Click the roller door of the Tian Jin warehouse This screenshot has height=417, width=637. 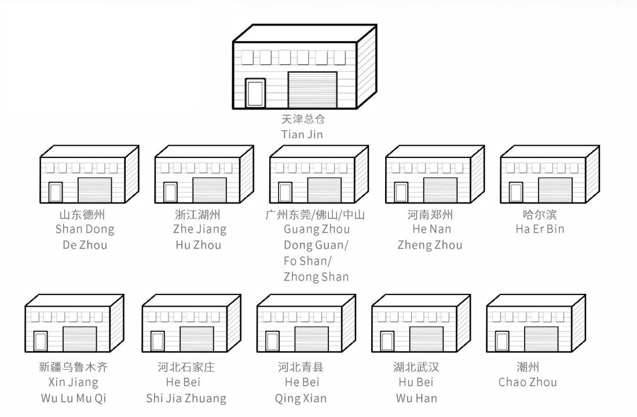pos(312,90)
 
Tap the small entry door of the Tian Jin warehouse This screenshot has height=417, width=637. pos(255,93)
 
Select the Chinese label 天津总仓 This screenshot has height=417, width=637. pos(303,119)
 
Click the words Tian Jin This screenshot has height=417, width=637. pos(302,134)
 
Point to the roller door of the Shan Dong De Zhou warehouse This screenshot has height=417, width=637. pos(94,190)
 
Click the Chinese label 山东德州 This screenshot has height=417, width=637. pos(82,215)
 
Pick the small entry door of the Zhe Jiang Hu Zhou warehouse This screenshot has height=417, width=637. pos(170,192)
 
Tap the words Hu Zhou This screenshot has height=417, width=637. pos(199,245)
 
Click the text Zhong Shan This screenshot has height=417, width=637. pos(316,277)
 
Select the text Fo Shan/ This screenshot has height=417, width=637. pos(307,261)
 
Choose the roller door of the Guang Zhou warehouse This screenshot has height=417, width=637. pos(325,190)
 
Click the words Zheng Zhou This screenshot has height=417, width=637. pos(430,245)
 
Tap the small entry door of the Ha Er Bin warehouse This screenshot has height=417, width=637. pos(516,192)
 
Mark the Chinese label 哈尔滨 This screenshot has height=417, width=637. pos(540,215)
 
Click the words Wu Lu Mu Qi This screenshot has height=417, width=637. pos(74,398)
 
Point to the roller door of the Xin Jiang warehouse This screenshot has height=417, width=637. pos(80,339)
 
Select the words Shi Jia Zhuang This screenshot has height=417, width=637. pos(186,398)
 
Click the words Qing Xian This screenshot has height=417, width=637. pos(301,398)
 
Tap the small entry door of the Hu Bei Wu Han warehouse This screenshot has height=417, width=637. pos(387,342)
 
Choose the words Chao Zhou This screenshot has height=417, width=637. pos(528,382)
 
